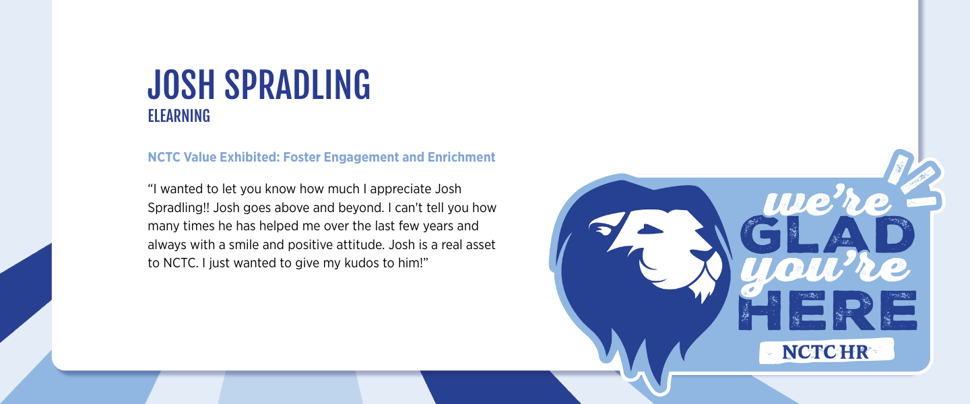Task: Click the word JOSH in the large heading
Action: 181,84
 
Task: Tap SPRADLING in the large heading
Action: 298,84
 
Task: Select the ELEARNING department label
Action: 179,116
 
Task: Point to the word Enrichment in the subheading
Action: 461,157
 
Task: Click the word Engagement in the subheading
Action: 361,158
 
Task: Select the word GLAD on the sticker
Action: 827,235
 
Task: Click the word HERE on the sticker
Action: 828,310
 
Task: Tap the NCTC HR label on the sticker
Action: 826,352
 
